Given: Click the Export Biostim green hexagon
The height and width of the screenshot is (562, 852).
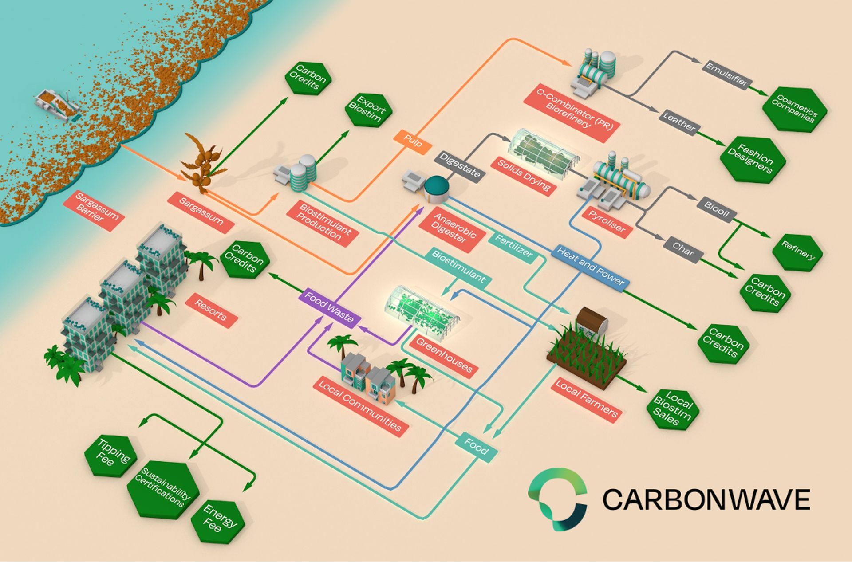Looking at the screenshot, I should (x=369, y=110).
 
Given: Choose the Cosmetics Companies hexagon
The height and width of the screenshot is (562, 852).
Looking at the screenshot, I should (x=795, y=110).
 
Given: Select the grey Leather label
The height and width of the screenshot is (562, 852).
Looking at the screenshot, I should (x=679, y=122).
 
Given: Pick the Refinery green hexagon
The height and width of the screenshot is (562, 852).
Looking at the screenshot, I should (x=797, y=253).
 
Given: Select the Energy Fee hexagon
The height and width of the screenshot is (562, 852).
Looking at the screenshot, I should (x=217, y=522).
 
